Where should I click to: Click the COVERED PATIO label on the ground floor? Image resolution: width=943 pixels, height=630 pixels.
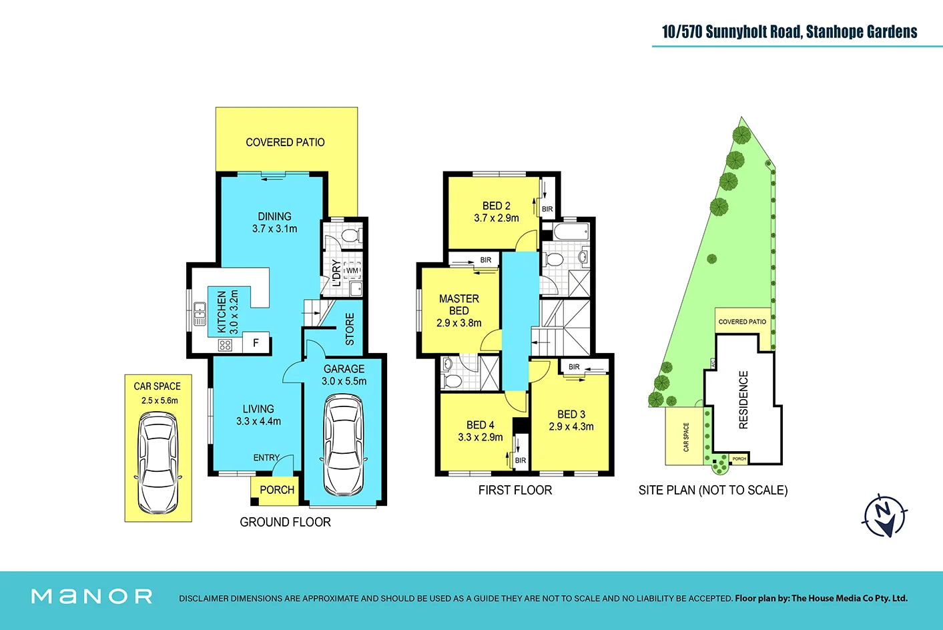pos(285,142)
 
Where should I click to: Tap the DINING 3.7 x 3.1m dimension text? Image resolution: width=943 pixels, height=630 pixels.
pos(274,228)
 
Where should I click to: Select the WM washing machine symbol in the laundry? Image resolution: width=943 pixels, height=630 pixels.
pos(352,270)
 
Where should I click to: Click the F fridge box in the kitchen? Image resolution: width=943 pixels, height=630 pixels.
pos(256,343)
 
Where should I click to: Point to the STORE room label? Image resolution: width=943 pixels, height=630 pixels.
pos(350,329)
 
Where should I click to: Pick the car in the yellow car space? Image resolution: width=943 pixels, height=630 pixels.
pos(158,462)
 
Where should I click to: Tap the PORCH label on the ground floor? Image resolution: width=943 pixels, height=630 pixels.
pos(276,490)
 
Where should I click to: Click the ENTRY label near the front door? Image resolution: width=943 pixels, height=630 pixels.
pos(266,458)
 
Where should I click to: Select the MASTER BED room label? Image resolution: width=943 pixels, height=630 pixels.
pos(459,304)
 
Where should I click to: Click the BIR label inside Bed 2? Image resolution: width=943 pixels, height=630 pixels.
pos(547,210)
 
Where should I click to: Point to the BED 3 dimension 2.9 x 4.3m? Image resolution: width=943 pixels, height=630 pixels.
pos(571,426)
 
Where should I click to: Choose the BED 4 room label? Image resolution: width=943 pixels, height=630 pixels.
pos(481,425)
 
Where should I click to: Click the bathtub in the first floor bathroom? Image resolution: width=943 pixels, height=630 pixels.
pos(572,232)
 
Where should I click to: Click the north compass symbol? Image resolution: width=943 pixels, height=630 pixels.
pos(884,515)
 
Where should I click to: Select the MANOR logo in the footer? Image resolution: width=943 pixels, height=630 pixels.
pos(92,597)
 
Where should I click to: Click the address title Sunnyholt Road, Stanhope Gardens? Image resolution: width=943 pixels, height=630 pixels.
pos(790,32)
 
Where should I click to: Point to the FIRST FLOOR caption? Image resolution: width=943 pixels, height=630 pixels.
pos(515,491)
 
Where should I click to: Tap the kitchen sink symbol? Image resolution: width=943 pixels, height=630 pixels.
pos(200,314)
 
